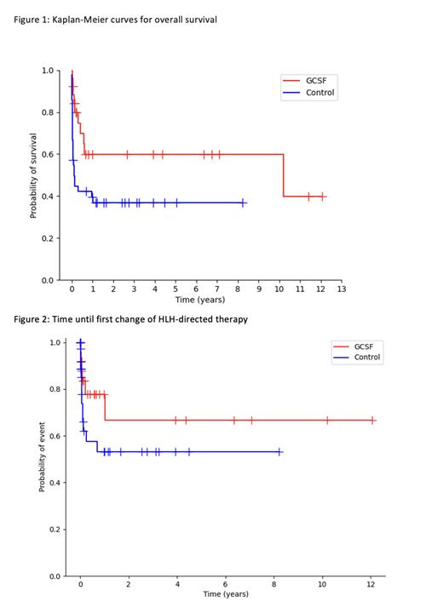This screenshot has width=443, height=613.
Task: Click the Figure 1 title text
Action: pos(115,19)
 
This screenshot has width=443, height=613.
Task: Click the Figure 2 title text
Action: pos(131,319)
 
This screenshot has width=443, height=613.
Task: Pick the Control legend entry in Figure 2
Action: pos(367,358)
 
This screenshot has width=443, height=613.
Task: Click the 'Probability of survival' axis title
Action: pos(34,175)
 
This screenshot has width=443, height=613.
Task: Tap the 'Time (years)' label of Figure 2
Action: pos(226,595)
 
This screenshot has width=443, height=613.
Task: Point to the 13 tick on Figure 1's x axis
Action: pos(342,289)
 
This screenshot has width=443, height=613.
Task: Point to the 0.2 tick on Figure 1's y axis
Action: pos(48,238)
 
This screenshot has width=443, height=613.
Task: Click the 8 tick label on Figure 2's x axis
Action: pos(273,585)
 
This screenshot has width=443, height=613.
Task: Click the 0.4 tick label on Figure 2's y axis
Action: pos(55,483)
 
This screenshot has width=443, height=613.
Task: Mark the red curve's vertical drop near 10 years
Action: pos(284,175)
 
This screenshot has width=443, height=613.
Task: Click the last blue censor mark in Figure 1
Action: pos(244,203)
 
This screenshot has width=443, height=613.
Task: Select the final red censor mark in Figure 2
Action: pos(371,420)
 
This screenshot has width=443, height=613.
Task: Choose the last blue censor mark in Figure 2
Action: pos(279,452)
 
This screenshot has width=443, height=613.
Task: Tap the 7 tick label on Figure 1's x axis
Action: pos(217,289)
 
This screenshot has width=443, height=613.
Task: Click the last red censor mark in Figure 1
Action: pos(322,196)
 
